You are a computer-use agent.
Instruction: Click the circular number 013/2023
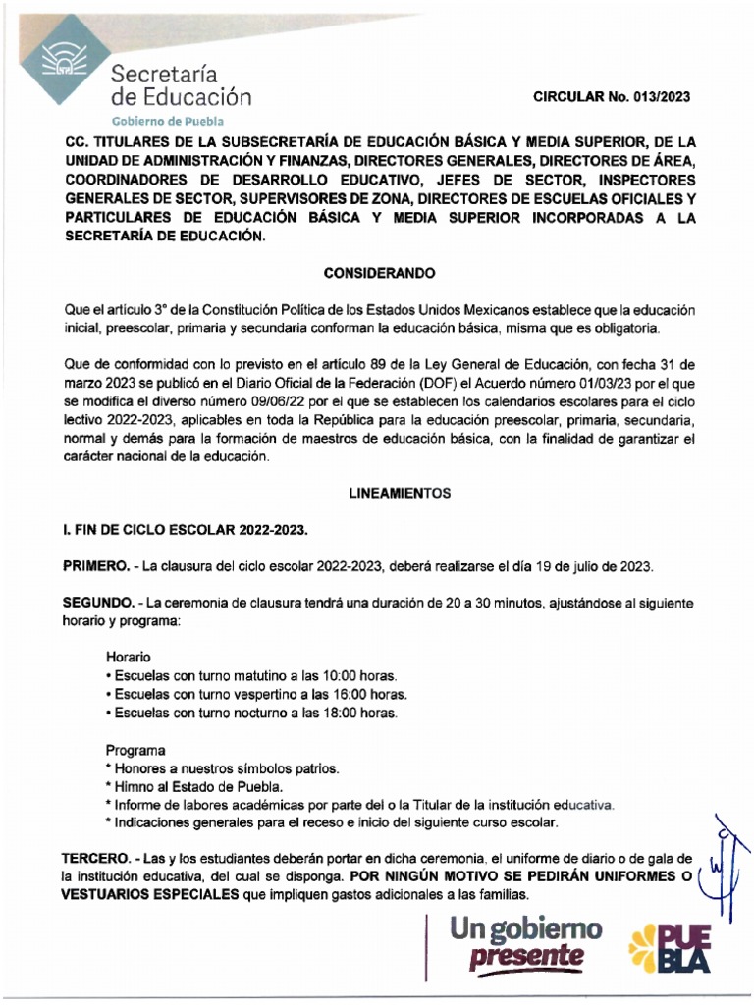[657, 96]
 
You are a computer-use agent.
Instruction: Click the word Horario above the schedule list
[129, 657]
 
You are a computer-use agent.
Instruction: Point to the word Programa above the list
[135, 749]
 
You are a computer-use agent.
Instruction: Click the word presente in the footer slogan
[526, 956]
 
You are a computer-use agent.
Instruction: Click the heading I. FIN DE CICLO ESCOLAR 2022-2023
[186, 531]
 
